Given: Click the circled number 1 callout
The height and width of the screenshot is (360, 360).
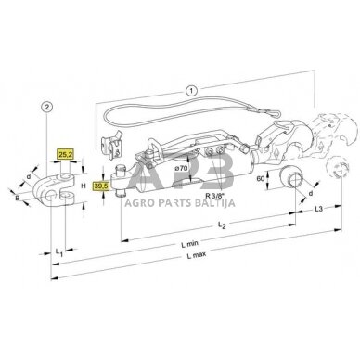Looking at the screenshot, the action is pyautogui.click(x=191, y=91).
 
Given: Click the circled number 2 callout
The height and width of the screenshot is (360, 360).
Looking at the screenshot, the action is pyautogui.click(x=46, y=108).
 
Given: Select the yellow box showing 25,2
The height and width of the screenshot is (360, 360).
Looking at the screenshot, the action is pyautogui.click(x=65, y=154).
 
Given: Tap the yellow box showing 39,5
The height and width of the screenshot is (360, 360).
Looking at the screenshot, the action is pyautogui.click(x=101, y=186).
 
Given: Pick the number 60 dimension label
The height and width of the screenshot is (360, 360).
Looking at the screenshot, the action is pyautogui.click(x=261, y=179).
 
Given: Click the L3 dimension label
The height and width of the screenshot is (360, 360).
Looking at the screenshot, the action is pyautogui.click(x=318, y=209).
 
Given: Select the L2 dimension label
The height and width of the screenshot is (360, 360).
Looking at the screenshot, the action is pyautogui.click(x=222, y=225).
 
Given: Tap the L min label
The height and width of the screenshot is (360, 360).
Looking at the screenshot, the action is pyautogui.click(x=189, y=244).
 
